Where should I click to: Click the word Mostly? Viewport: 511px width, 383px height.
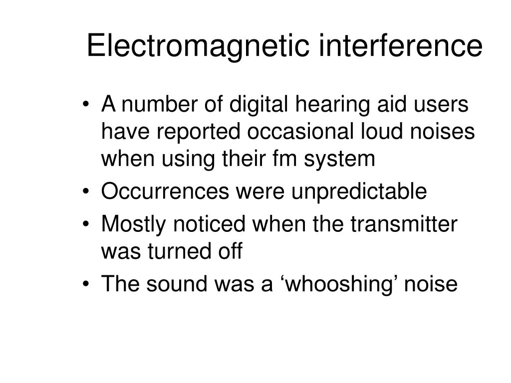point(134,225)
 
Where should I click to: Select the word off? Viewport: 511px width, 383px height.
point(231,251)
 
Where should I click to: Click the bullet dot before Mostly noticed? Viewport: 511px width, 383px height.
point(88,225)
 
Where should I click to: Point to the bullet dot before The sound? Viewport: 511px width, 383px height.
point(88,285)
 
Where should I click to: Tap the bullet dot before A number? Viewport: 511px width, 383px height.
point(88,106)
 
